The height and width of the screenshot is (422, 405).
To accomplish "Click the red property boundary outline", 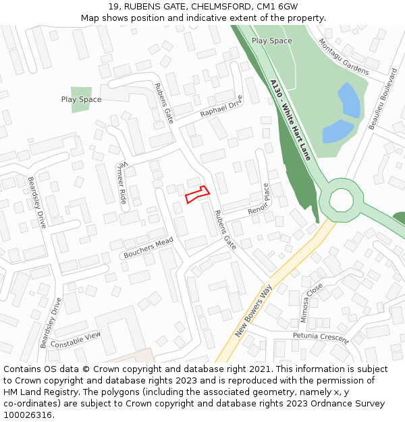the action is point(197,194).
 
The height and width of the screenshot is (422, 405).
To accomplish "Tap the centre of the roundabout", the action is point(342,200).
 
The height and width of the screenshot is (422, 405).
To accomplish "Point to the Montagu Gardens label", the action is point(344,56).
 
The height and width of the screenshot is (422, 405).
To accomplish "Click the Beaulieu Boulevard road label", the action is point(381,99).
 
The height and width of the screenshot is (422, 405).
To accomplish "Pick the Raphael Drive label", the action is point(221,106).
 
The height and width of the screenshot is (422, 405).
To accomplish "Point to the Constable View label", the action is point(75,340).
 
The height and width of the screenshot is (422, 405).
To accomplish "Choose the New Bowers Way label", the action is point(253,311).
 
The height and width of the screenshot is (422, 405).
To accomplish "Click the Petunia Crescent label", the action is point(321,337).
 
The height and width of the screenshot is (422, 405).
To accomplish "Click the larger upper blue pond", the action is point(349,100).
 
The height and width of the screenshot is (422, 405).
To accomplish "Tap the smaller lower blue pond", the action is point(337,131).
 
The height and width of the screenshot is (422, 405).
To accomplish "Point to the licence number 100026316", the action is point(27,415).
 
